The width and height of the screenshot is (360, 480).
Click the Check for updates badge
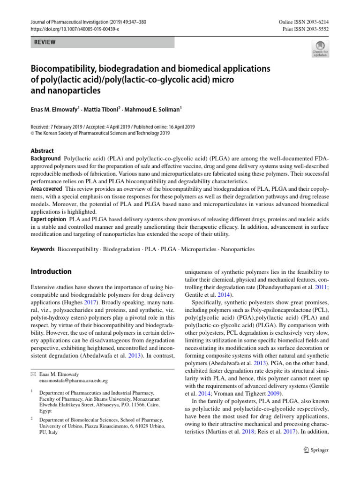(x=320, y=49)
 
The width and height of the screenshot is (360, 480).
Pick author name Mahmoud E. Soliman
(x=157, y=109)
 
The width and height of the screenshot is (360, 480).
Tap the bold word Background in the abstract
(x=46, y=159)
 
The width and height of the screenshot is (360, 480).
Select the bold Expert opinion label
(x=48, y=219)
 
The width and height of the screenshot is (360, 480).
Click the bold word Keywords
(x=43, y=249)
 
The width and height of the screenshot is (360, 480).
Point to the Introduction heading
(x=51, y=271)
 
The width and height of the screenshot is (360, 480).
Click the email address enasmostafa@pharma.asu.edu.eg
(x=73, y=381)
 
